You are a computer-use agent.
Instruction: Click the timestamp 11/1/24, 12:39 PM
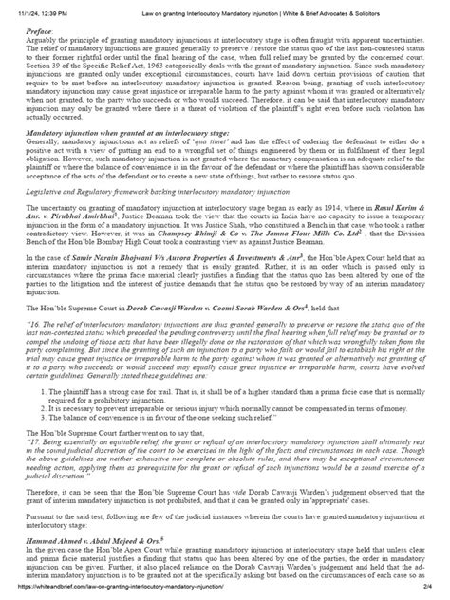[x=30, y=7]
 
